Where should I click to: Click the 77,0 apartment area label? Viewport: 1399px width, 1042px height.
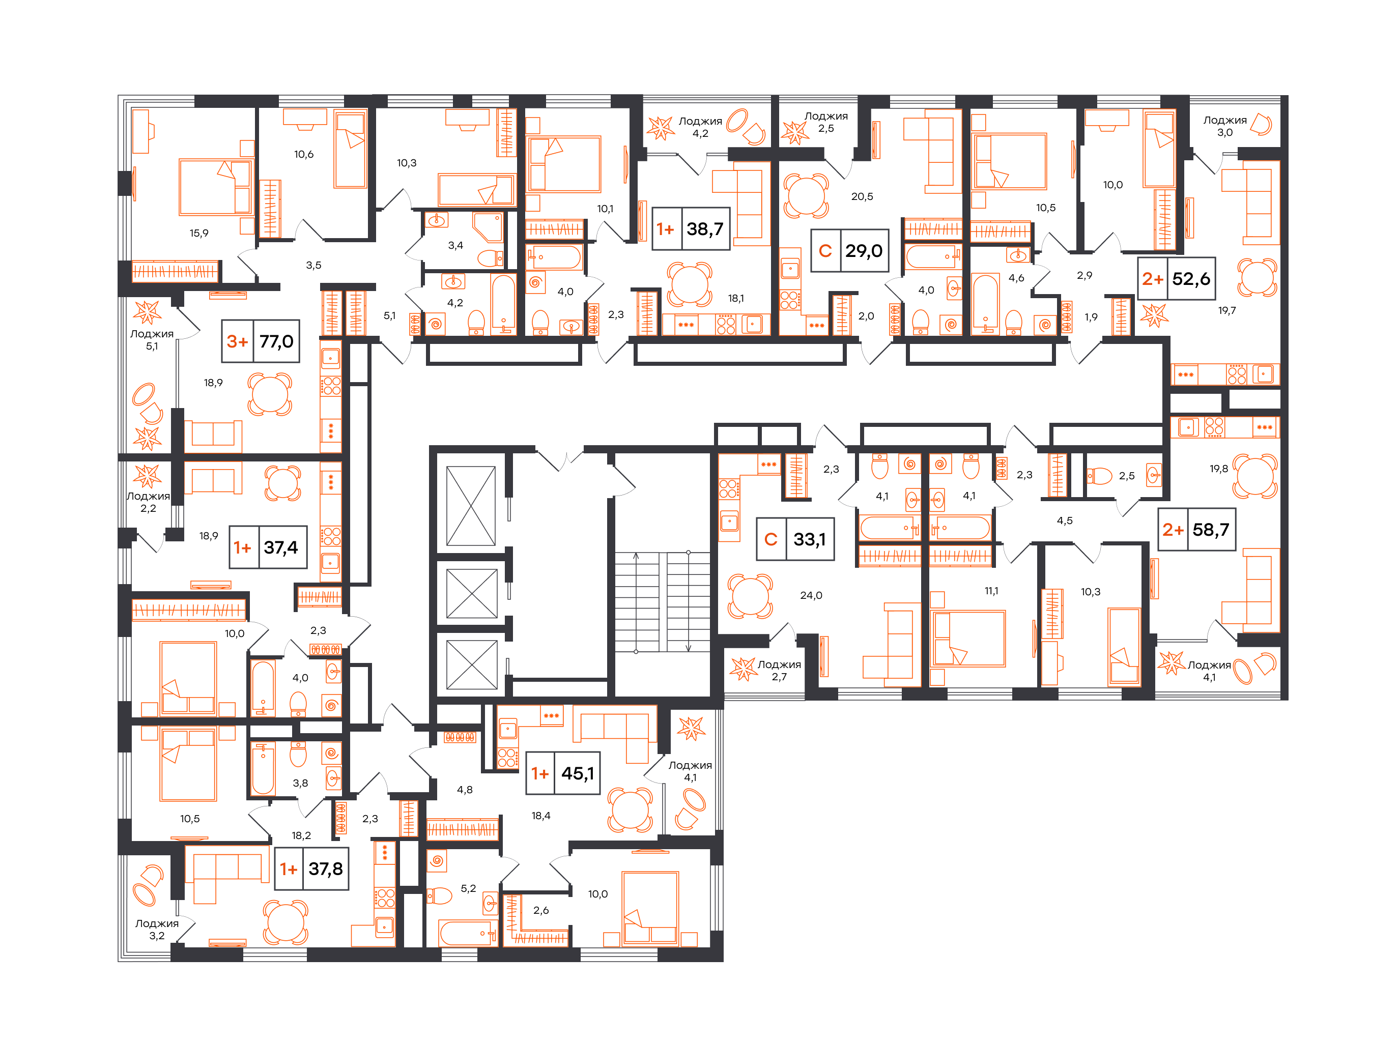(261, 341)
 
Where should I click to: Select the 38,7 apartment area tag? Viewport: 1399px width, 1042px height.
(691, 229)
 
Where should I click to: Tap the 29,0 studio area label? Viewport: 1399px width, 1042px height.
(849, 250)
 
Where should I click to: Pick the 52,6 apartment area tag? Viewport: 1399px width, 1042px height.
(1176, 278)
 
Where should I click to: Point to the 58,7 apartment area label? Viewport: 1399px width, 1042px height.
(1196, 529)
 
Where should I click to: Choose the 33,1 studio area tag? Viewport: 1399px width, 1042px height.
(795, 539)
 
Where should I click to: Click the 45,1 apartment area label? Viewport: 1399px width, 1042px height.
(563, 773)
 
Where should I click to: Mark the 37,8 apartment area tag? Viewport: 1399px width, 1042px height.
(311, 869)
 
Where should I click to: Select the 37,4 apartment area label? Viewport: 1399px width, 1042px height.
(268, 547)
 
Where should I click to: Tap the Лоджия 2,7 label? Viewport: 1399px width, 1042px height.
(779, 671)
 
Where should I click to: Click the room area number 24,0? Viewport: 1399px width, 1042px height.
(811, 595)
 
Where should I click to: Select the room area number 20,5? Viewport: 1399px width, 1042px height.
(862, 196)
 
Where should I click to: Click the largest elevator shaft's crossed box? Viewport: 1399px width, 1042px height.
(471, 506)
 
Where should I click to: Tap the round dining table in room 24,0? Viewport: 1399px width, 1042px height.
(750, 596)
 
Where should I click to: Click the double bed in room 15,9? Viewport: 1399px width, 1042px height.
(216, 187)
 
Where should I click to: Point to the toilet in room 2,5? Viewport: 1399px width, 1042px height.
(1099, 476)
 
